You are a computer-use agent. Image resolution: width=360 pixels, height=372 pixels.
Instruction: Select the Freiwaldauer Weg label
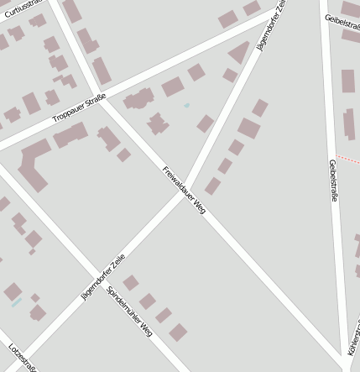(184, 190)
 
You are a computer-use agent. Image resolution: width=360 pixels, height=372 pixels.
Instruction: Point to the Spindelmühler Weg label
(129, 308)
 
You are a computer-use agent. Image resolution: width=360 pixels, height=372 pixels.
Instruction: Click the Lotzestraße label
(22, 358)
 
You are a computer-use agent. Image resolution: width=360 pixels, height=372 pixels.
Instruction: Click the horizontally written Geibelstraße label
(342, 20)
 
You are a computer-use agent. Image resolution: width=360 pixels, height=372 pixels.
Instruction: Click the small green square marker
(186, 105)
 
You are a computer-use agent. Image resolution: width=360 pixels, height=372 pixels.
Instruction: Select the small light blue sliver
(17, 302)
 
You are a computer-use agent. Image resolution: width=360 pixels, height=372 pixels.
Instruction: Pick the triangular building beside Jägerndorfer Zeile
(240, 53)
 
